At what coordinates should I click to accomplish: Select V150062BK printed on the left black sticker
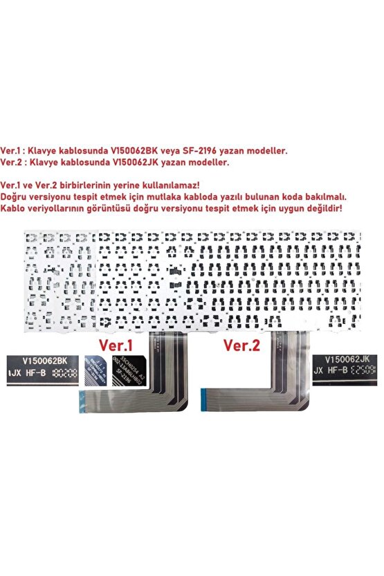coord(44,361)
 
